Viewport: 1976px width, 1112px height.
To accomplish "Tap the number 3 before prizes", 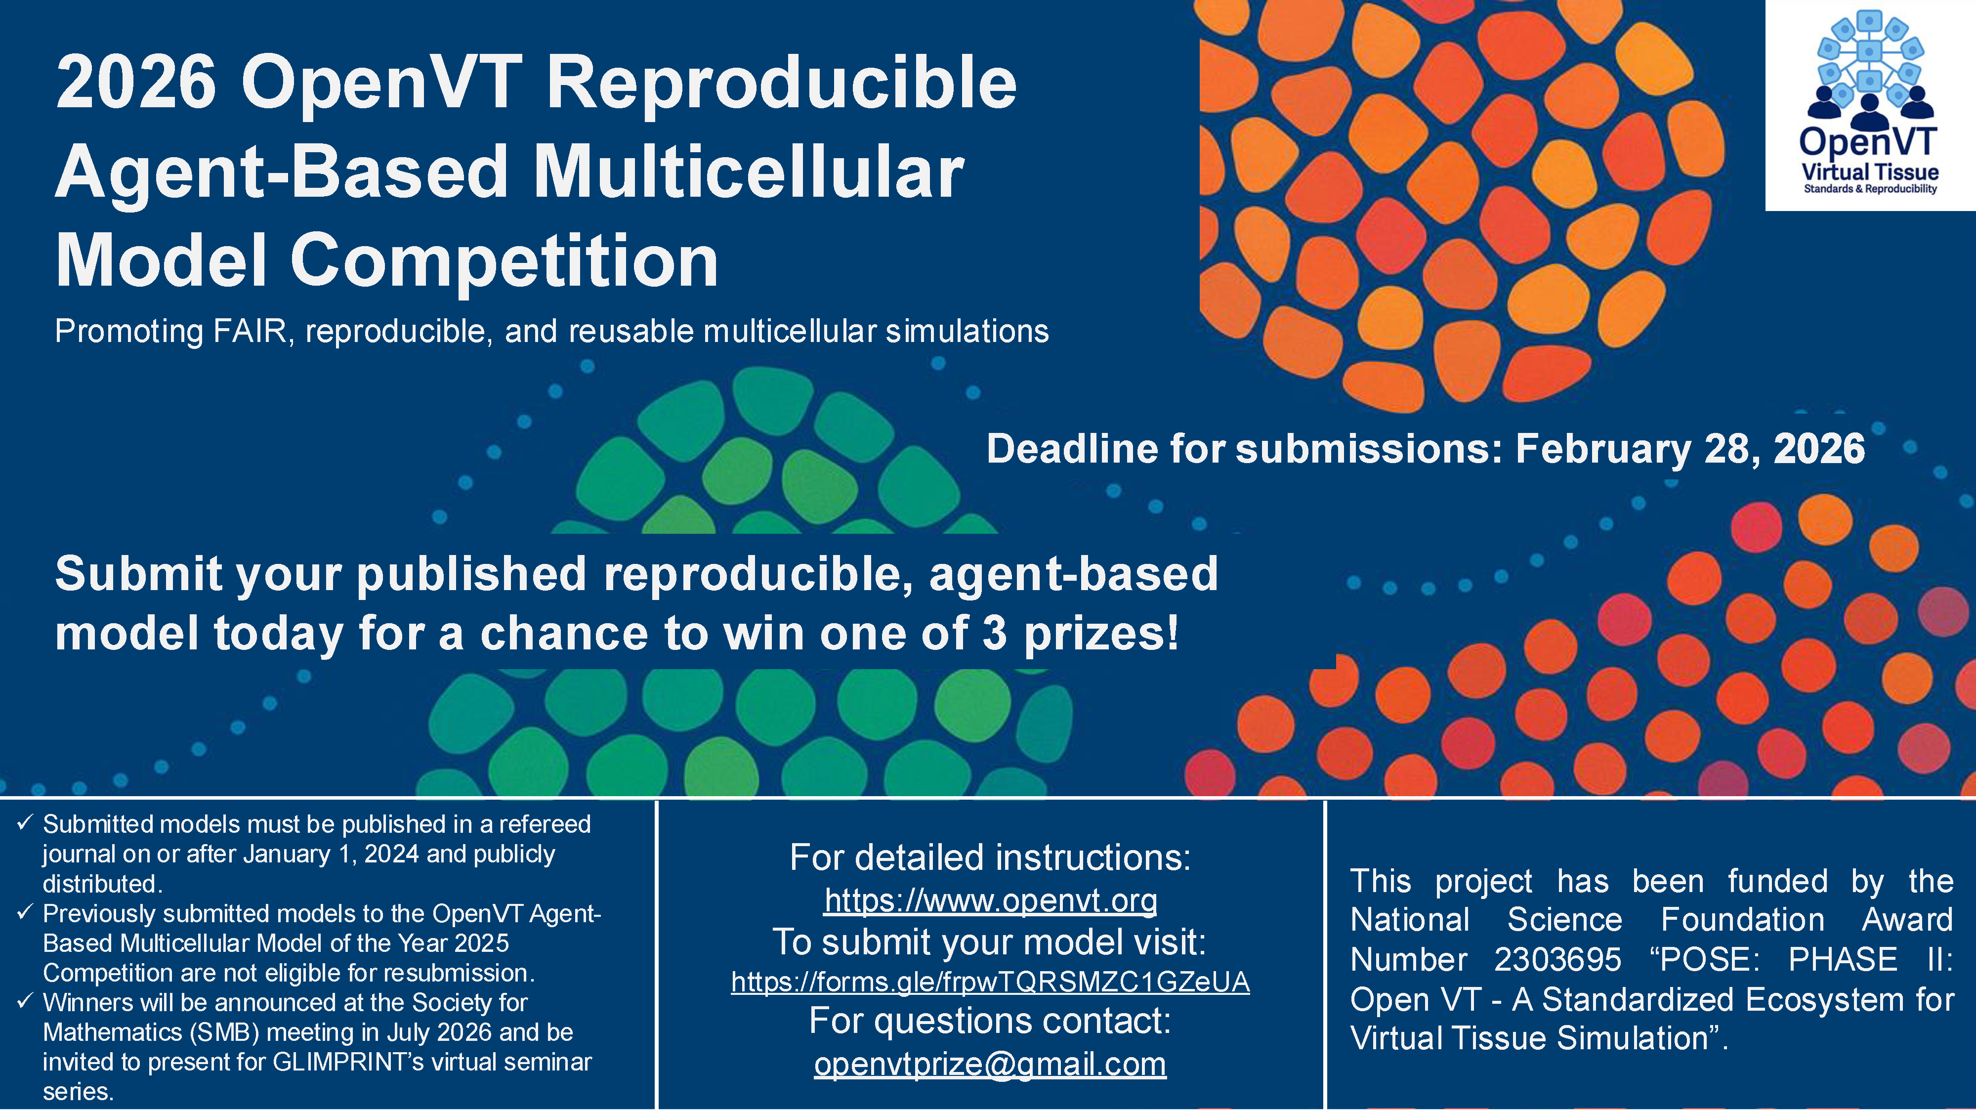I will (x=994, y=634).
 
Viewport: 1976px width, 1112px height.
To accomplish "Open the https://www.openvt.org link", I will (x=990, y=899).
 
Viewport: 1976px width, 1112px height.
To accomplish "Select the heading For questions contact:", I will (x=990, y=1022).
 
